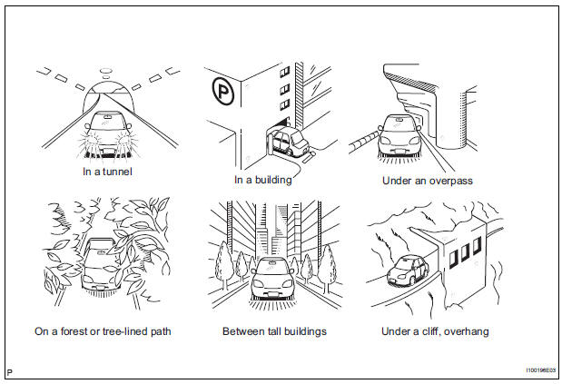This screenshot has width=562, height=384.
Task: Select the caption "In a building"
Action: pyautogui.click(x=262, y=180)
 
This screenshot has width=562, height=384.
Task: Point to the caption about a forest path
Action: pyautogui.click(x=103, y=331)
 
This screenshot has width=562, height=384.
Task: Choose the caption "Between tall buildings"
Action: pyautogui.click(x=273, y=331)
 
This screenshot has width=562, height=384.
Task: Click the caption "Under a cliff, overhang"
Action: pyautogui.click(x=433, y=331)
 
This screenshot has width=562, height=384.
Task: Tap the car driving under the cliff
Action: pyautogui.click(x=407, y=270)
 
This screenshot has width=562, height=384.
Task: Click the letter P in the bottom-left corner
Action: pyautogui.click(x=10, y=373)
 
